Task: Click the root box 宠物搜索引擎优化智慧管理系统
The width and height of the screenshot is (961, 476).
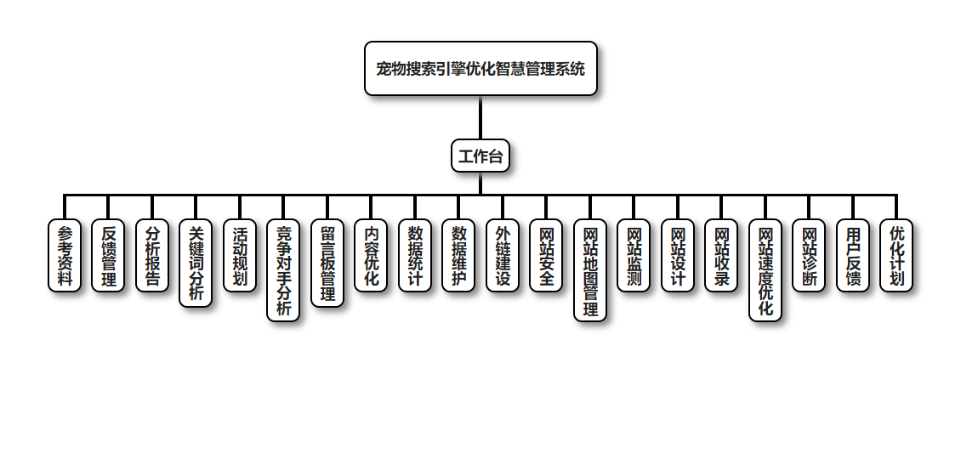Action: click(480, 69)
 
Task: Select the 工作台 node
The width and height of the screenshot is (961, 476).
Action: click(480, 156)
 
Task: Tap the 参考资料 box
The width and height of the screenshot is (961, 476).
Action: click(65, 256)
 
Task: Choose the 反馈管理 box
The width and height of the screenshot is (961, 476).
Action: click(108, 256)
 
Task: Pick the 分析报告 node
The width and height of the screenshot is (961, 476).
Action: click(152, 256)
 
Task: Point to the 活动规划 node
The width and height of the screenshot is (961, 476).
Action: click(240, 256)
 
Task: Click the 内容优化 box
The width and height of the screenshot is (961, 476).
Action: click(371, 256)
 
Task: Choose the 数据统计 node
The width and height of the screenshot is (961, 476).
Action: click(415, 256)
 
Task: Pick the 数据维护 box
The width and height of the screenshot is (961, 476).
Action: click(458, 256)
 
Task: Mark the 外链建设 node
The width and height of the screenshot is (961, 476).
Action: click(503, 256)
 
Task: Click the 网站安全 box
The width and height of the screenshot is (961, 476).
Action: click(546, 256)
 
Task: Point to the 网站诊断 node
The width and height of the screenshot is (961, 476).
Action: click(809, 256)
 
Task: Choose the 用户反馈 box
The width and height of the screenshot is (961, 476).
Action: click(853, 256)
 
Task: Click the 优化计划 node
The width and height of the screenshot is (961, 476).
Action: click(896, 256)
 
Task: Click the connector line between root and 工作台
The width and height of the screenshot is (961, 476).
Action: click(480, 118)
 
